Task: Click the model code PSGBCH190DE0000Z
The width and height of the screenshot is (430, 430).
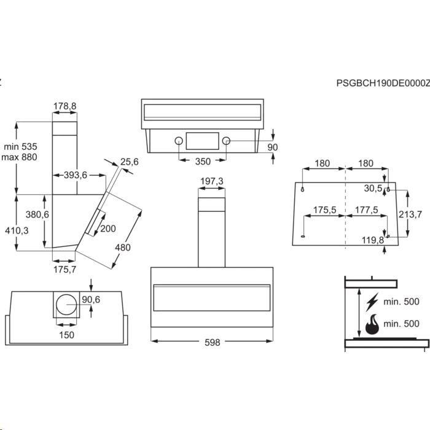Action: [x=383, y=83]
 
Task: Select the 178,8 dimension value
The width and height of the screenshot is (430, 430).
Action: [x=64, y=106]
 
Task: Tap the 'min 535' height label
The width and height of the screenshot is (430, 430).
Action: [x=20, y=146]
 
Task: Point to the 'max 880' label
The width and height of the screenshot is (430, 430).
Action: [x=19, y=157]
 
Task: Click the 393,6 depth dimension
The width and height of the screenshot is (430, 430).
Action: [x=76, y=174]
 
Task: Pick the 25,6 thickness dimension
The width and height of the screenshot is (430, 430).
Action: [x=130, y=162]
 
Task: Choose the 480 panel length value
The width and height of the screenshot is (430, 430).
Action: [x=123, y=248]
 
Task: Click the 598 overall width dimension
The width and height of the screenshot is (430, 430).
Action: [x=213, y=342]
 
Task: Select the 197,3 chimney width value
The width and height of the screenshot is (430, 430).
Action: [x=212, y=181]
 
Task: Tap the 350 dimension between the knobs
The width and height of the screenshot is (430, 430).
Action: [x=203, y=162]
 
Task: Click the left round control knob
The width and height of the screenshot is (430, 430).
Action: [x=179, y=141]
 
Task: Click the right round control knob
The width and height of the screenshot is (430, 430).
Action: [x=226, y=141]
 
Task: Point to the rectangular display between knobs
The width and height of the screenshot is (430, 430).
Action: [x=203, y=141]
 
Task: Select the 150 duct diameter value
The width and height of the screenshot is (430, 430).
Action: [x=66, y=335]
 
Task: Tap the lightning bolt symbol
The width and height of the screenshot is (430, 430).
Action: [x=372, y=302]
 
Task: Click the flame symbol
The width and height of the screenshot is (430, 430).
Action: [x=372, y=324]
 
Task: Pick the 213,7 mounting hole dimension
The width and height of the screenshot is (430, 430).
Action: [x=410, y=214]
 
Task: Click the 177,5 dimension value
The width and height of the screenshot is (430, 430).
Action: [x=366, y=210]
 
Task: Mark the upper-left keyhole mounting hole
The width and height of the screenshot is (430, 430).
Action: [x=302, y=189]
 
